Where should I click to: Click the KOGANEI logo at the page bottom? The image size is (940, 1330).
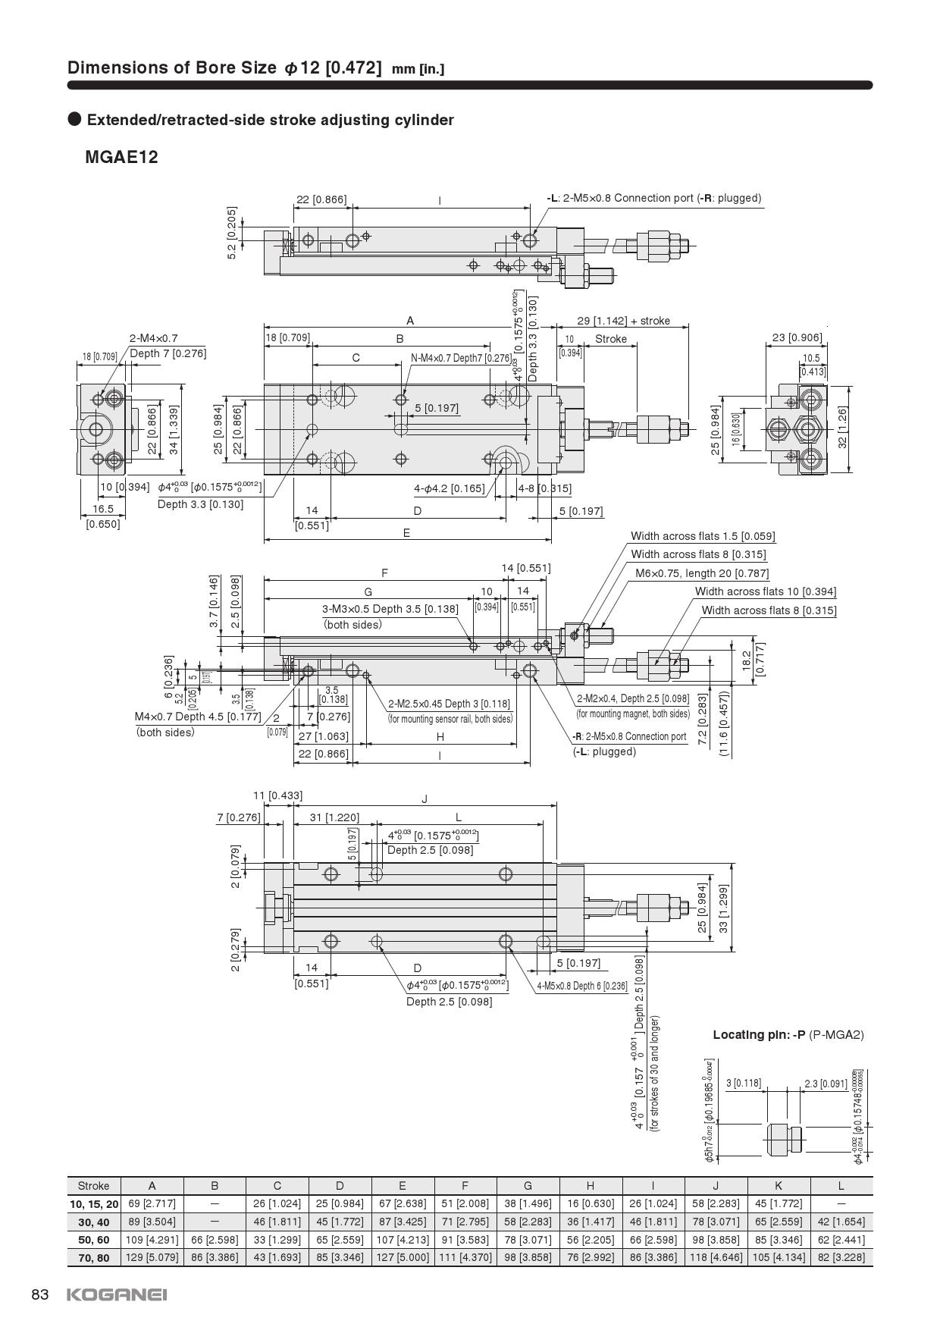click(x=117, y=1294)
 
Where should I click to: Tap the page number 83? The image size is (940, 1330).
click(x=40, y=1294)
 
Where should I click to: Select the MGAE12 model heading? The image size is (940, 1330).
click(x=121, y=158)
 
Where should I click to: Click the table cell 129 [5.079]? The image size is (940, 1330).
click(x=152, y=1256)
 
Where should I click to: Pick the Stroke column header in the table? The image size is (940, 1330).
click(x=93, y=1185)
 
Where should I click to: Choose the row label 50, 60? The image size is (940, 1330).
click(x=93, y=1239)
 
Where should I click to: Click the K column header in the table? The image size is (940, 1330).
click(x=779, y=1185)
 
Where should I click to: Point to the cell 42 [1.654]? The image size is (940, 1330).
click(x=841, y=1221)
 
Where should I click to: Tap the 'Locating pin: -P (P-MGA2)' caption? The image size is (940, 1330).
click(x=788, y=1034)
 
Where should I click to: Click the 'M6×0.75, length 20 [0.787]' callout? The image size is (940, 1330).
click(x=701, y=573)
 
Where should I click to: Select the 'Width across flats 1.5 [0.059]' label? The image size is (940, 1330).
click(x=703, y=536)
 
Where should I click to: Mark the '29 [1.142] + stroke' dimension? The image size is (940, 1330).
click(x=623, y=321)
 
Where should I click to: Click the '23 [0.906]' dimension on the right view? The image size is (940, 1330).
click(x=797, y=337)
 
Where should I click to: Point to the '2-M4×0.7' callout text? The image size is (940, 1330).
click(x=153, y=338)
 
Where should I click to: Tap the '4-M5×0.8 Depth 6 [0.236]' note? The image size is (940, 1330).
click(x=581, y=986)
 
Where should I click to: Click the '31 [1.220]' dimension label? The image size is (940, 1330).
click(x=334, y=817)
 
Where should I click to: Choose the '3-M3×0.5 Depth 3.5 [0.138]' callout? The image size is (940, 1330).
click(x=390, y=608)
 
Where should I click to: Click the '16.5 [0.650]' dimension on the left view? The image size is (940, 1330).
click(x=102, y=516)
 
